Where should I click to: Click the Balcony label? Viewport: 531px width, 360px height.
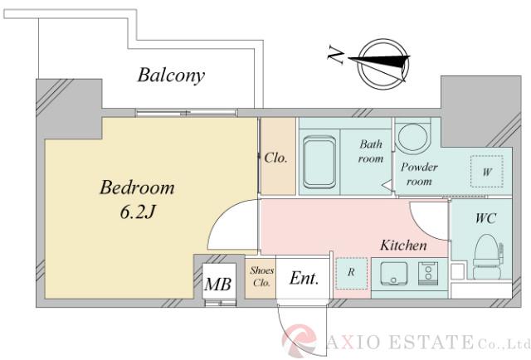tap(171, 76)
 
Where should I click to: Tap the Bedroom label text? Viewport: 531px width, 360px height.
tap(137, 187)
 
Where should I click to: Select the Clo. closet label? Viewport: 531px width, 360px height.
tap(276, 158)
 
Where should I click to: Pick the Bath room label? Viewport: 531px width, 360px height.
tap(371, 152)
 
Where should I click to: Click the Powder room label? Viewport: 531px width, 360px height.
tap(419, 174)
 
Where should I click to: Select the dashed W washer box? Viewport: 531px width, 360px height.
tap(485, 172)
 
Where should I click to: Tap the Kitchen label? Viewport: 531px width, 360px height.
tap(403, 246)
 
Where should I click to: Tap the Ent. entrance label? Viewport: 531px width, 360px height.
tap(304, 280)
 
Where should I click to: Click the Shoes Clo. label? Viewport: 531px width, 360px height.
tap(261, 276)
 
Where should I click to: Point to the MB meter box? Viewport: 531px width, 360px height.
tap(217, 285)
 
